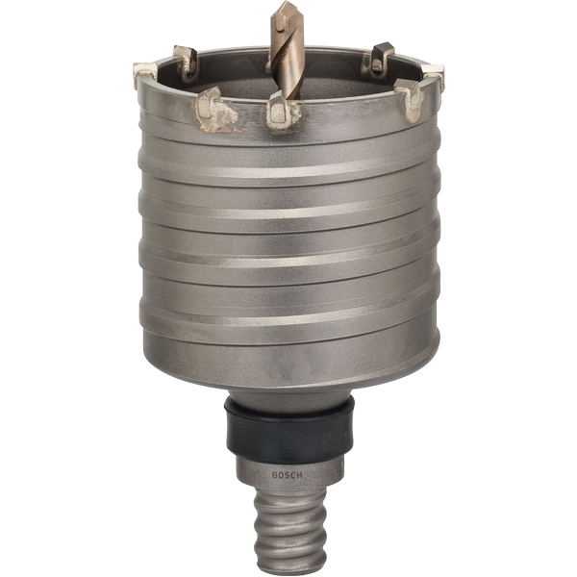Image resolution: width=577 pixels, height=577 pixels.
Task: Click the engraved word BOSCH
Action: [x=287, y=475]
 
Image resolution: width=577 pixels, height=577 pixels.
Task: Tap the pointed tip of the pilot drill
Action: [x=286, y=2]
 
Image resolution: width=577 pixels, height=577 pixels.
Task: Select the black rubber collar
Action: [x=289, y=432]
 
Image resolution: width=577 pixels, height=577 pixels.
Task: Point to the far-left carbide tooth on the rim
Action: [x=145, y=74]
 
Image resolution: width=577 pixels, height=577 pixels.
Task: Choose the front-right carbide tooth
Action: [x=409, y=97]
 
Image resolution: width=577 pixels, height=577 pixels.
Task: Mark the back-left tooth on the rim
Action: [x=187, y=62]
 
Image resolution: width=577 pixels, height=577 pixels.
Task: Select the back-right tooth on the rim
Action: [x=379, y=62]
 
